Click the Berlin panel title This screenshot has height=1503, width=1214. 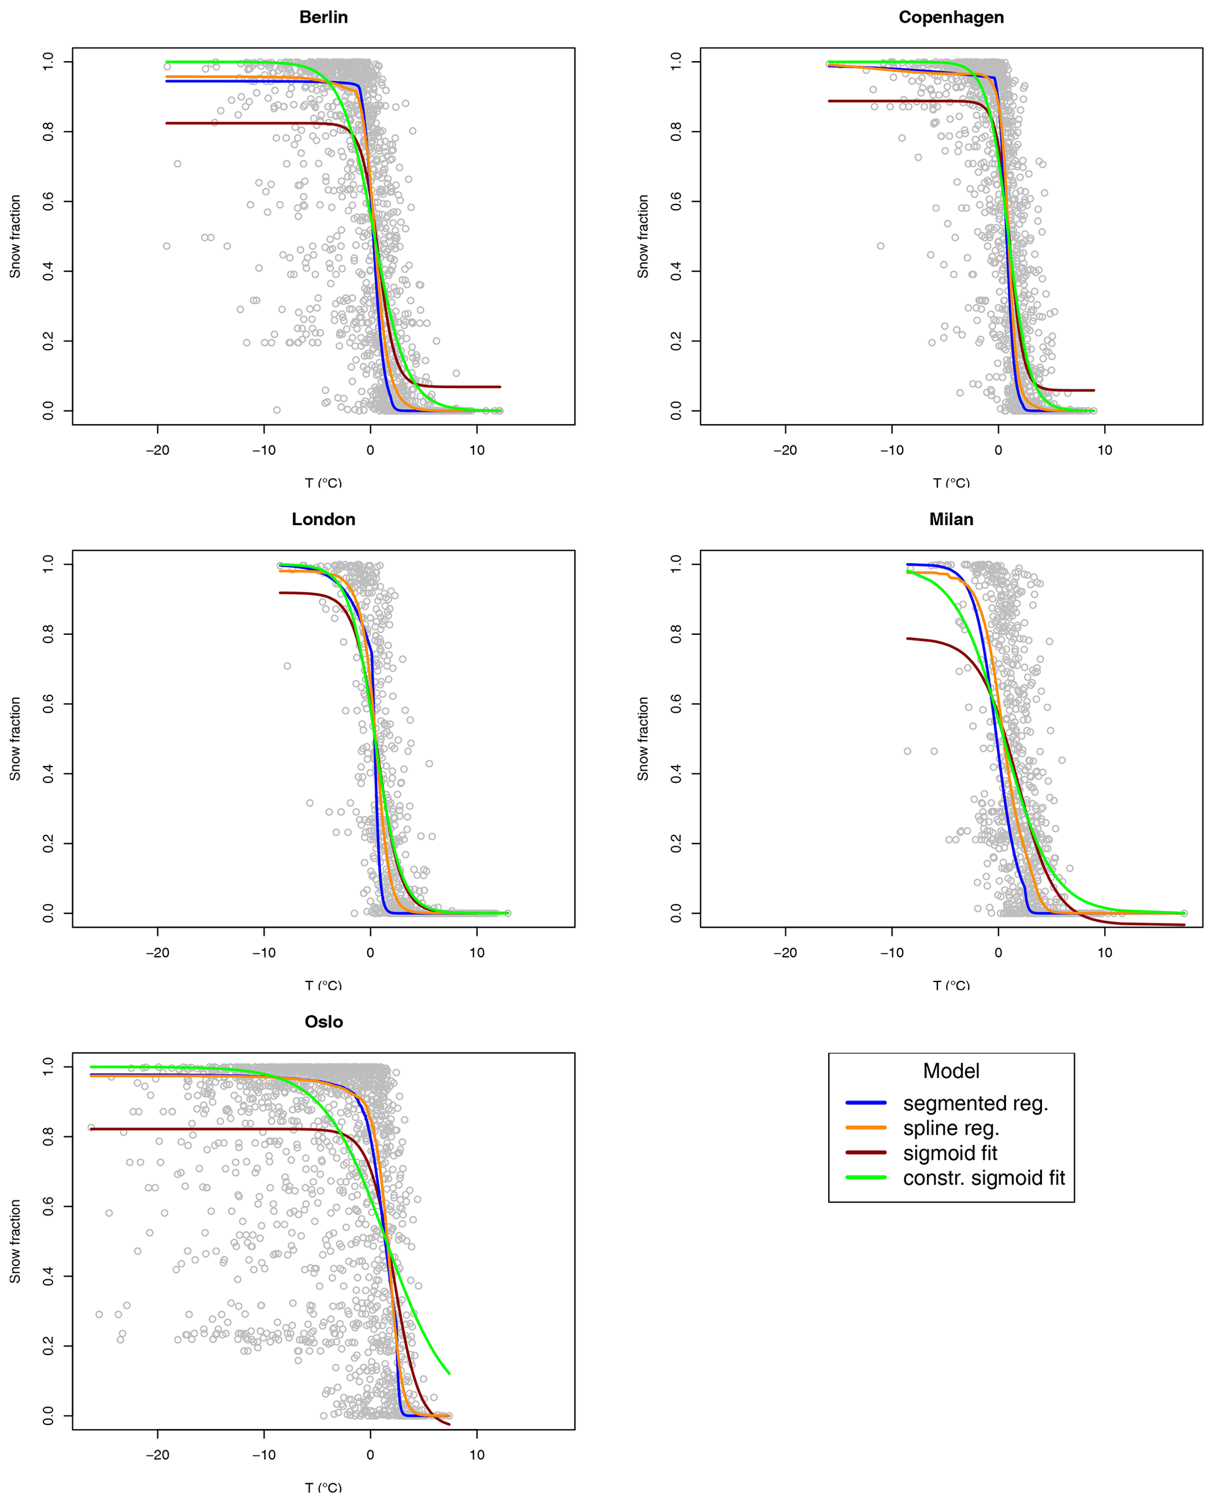click(323, 18)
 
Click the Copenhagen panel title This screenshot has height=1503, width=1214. click(950, 18)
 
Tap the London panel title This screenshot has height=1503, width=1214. click(323, 520)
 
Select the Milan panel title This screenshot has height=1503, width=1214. click(950, 520)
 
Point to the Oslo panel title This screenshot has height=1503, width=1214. click(323, 1022)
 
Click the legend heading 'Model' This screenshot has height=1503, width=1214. click(950, 1071)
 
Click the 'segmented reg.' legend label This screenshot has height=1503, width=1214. click(975, 1104)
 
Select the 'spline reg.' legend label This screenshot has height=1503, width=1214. click(950, 1129)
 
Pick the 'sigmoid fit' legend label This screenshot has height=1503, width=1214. click(950, 1154)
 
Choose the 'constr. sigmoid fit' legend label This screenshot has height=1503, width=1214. click(983, 1178)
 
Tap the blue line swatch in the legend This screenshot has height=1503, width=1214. click(866, 1104)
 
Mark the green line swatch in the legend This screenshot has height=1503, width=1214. click(866, 1178)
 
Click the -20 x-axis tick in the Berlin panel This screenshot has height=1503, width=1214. click(157, 450)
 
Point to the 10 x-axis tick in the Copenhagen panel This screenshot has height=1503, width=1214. click(1104, 450)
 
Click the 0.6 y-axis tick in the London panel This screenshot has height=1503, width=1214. click(48, 704)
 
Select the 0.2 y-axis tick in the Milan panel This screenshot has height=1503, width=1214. click(676, 844)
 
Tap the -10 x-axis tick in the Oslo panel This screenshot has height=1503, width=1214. click(264, 1455)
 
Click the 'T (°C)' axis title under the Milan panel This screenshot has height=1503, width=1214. click(950, 985)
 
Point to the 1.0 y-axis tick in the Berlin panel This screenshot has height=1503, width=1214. click(48, 62)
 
